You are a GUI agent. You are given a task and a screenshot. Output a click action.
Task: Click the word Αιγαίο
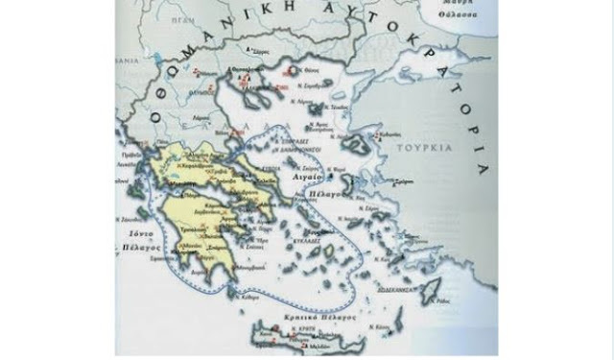tap(318, 178)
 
